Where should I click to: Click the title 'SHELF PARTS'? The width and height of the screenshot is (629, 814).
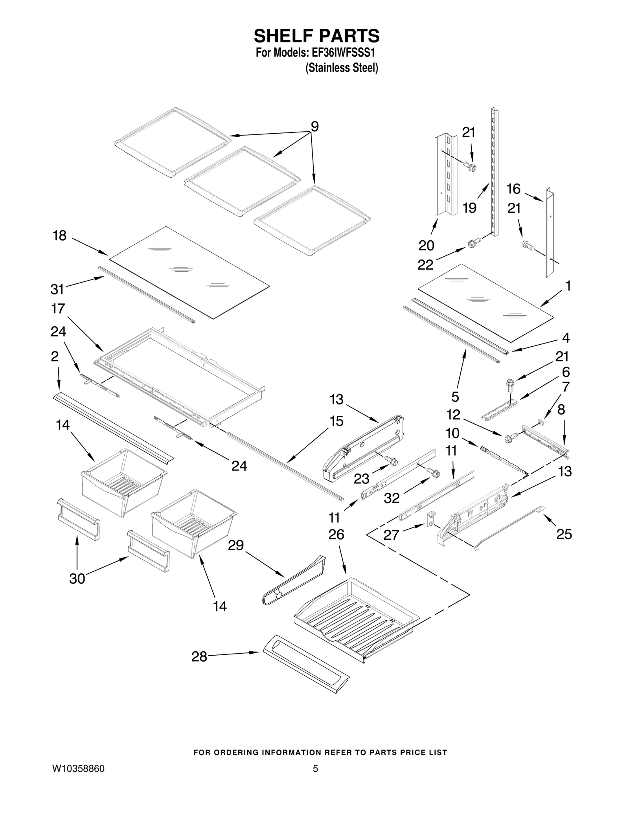[x=316, y=36]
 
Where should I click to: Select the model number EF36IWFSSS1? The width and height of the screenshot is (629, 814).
[x=340, y=53]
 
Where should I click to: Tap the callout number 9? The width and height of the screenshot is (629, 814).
[x=314, y=127]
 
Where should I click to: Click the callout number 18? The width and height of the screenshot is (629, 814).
[x=60, y=236]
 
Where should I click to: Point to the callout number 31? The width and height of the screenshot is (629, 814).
[x=57, y=289]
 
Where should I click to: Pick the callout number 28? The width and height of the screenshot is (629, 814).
[x=199, y=656]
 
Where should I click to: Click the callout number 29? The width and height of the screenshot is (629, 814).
[x=236, y=545]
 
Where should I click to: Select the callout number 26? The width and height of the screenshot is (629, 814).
[x=336, y=535]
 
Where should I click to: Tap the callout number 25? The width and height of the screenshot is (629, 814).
[x=564, y=534]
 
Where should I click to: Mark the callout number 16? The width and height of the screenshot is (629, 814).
[x=513, y=189]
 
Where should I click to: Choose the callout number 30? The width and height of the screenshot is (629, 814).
[x=77, y=579]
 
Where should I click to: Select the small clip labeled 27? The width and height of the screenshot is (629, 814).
[x=431, y=518]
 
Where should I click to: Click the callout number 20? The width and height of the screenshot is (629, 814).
[x=426, y=245]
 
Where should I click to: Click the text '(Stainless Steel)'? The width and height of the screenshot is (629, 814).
[x=342, y=68]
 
